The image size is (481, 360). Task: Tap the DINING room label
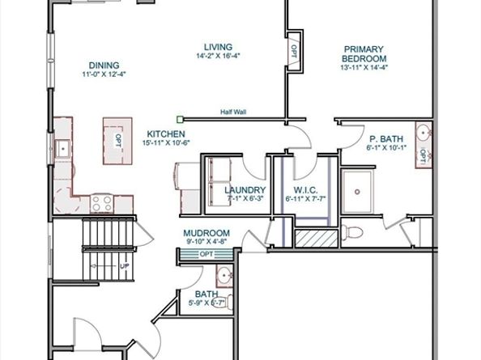click(104, 66)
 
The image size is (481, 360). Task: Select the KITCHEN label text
click(166, 133)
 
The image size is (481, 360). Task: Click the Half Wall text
click(233, 112)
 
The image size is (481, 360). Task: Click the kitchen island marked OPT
click(117, 138)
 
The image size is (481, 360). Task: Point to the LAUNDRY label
click(246, 190)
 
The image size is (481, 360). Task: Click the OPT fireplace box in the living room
click(292, 51)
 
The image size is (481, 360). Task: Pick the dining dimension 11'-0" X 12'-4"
click(104, 74)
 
